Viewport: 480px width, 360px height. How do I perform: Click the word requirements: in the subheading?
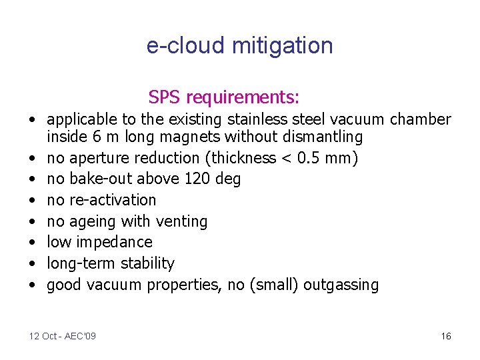(x=243, y=98)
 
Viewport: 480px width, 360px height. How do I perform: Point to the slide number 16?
(x=446, y=336)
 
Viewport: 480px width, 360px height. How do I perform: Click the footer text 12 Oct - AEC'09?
(x=62, y=336)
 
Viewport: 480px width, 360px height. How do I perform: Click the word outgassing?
(x=341, y=285)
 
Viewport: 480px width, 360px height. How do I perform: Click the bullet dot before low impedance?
(x=32, y=243)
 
